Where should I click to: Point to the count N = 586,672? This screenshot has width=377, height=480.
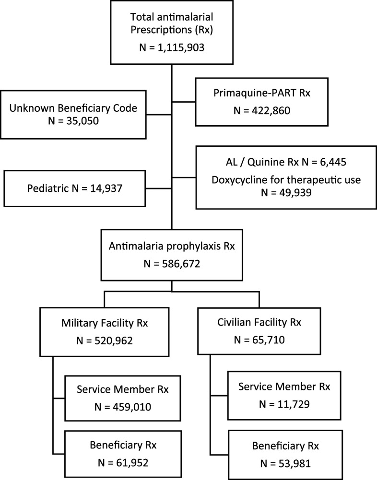[172, 265]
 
